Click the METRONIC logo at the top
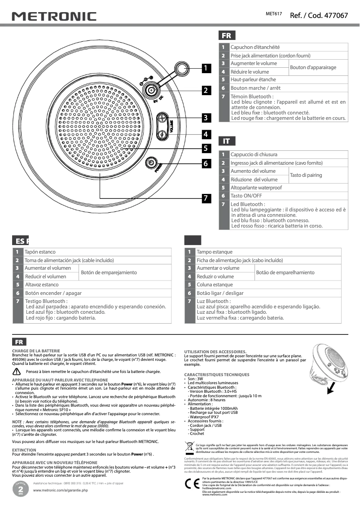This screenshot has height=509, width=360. point(54,17)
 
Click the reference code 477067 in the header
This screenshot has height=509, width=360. point(319,15)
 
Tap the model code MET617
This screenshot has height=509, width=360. point(274,14)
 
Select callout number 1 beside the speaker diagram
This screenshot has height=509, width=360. point(205,68)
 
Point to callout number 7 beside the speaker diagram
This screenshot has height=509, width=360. point(205,197)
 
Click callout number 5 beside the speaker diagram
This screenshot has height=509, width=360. point(205,148)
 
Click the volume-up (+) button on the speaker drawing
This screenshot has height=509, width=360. point(162,119)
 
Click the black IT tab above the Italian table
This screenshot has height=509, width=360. point(226,141)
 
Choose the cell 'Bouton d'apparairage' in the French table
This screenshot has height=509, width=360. point(313,67)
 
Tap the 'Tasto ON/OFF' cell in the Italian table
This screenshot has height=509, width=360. point(246,196)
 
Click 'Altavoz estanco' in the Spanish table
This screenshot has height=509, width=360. point(42,285)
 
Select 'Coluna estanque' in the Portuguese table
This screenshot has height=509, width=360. point(215,285)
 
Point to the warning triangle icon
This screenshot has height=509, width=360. point(17,372)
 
